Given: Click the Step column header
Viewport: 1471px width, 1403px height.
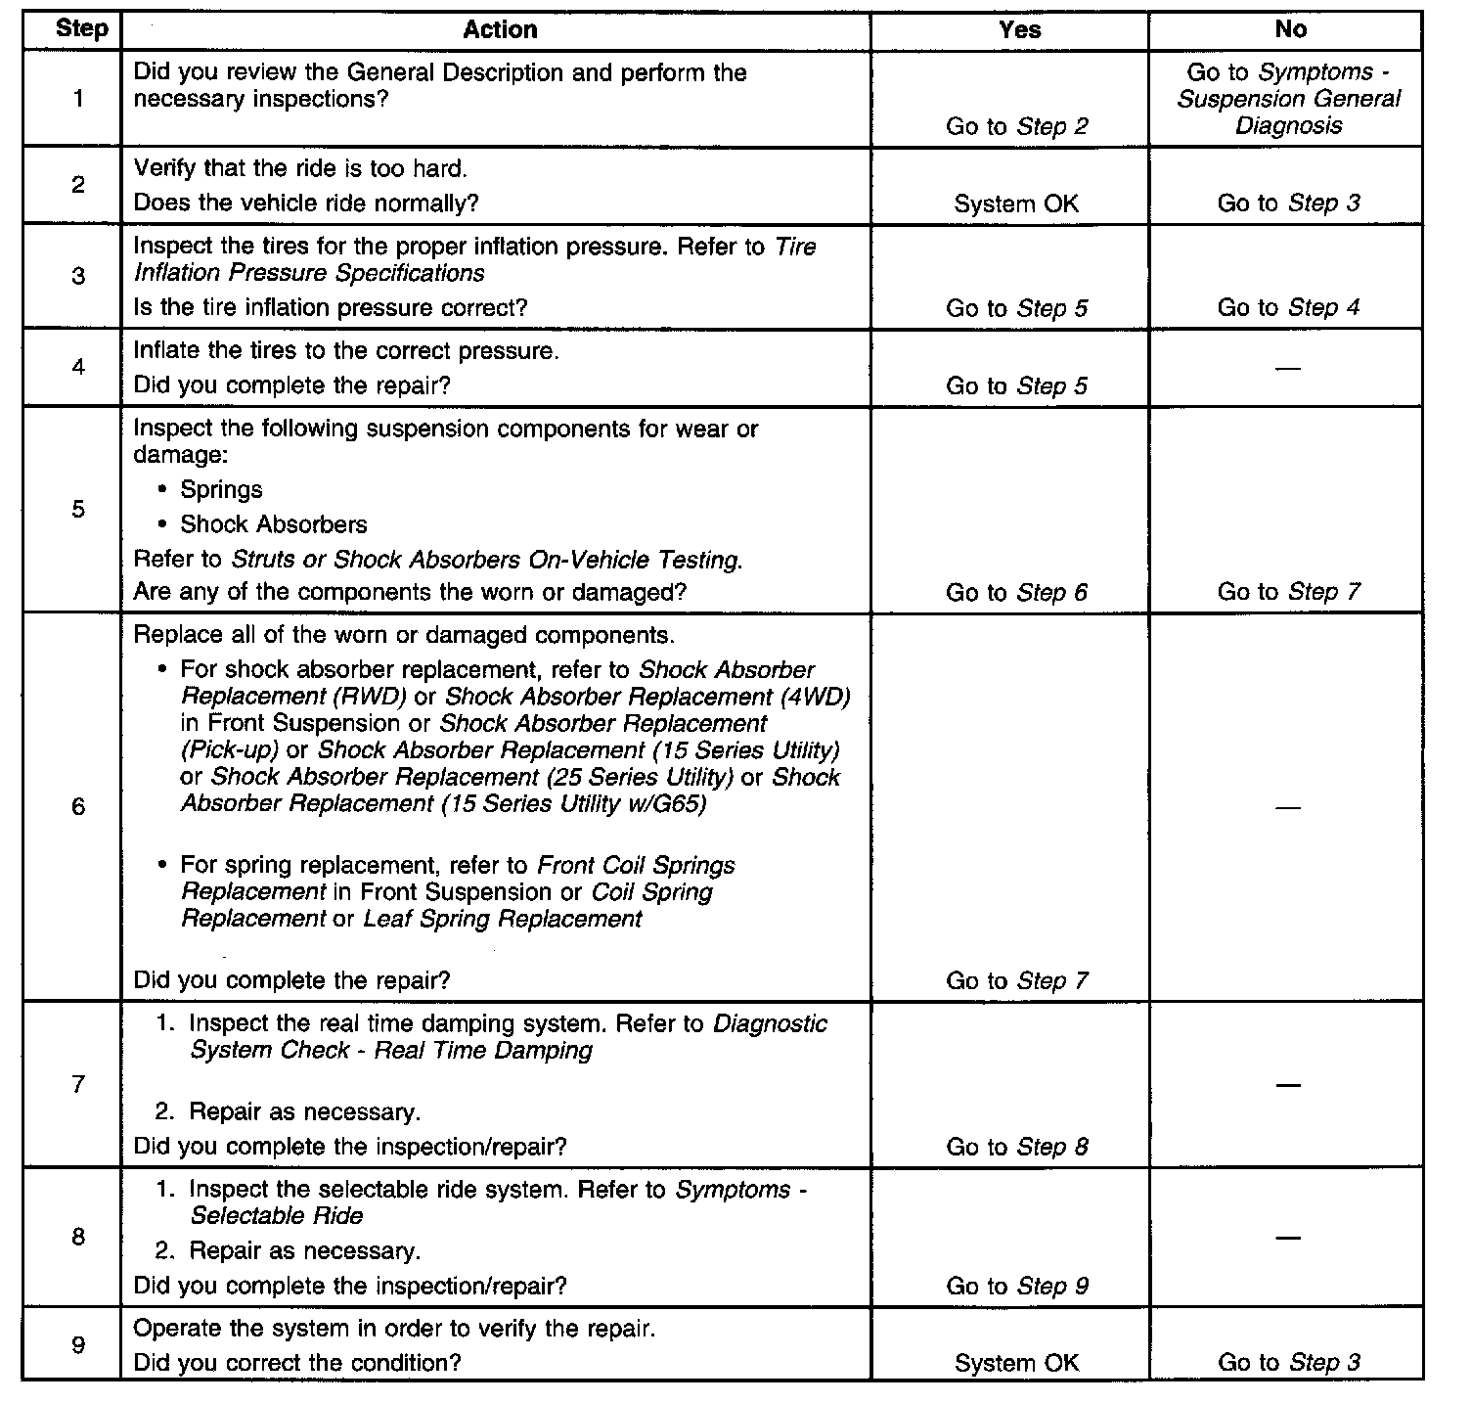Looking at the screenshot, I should tap(81, 28).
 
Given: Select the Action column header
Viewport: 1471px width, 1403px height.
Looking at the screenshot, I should tap(500, 29).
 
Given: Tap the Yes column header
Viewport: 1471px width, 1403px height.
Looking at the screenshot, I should tap(1019, 29).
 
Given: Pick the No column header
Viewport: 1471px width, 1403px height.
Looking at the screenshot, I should tap(1290, 29).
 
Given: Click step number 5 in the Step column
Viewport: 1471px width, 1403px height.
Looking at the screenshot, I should tap(78, 509).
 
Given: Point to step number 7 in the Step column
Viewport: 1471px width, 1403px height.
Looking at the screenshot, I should tap(78, 1084).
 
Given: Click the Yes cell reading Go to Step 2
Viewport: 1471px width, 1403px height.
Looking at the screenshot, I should tap(1017, 126).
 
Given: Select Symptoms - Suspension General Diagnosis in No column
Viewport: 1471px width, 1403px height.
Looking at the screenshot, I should tap(1289, 99).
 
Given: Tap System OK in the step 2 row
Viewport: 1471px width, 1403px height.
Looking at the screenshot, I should tap(1017, 204).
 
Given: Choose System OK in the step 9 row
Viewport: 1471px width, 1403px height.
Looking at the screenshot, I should tap(1017, 1363).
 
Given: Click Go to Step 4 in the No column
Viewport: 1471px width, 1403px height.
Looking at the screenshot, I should tap(1288, 307).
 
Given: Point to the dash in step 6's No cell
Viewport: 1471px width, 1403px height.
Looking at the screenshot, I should tap(1288, 808).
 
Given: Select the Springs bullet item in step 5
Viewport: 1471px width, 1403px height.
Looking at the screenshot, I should tap(221, 489).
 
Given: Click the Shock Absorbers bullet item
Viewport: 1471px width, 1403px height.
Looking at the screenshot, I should tap(273, 524).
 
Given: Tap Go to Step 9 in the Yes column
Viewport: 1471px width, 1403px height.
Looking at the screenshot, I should tap(1017, 1287).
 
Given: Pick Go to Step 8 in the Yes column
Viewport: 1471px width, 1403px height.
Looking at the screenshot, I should tap(1017, 1147).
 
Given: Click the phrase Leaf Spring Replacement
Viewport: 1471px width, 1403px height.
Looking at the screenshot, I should tap(503, 919).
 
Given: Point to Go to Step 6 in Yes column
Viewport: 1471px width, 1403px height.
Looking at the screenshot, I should tap(1017, 592).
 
